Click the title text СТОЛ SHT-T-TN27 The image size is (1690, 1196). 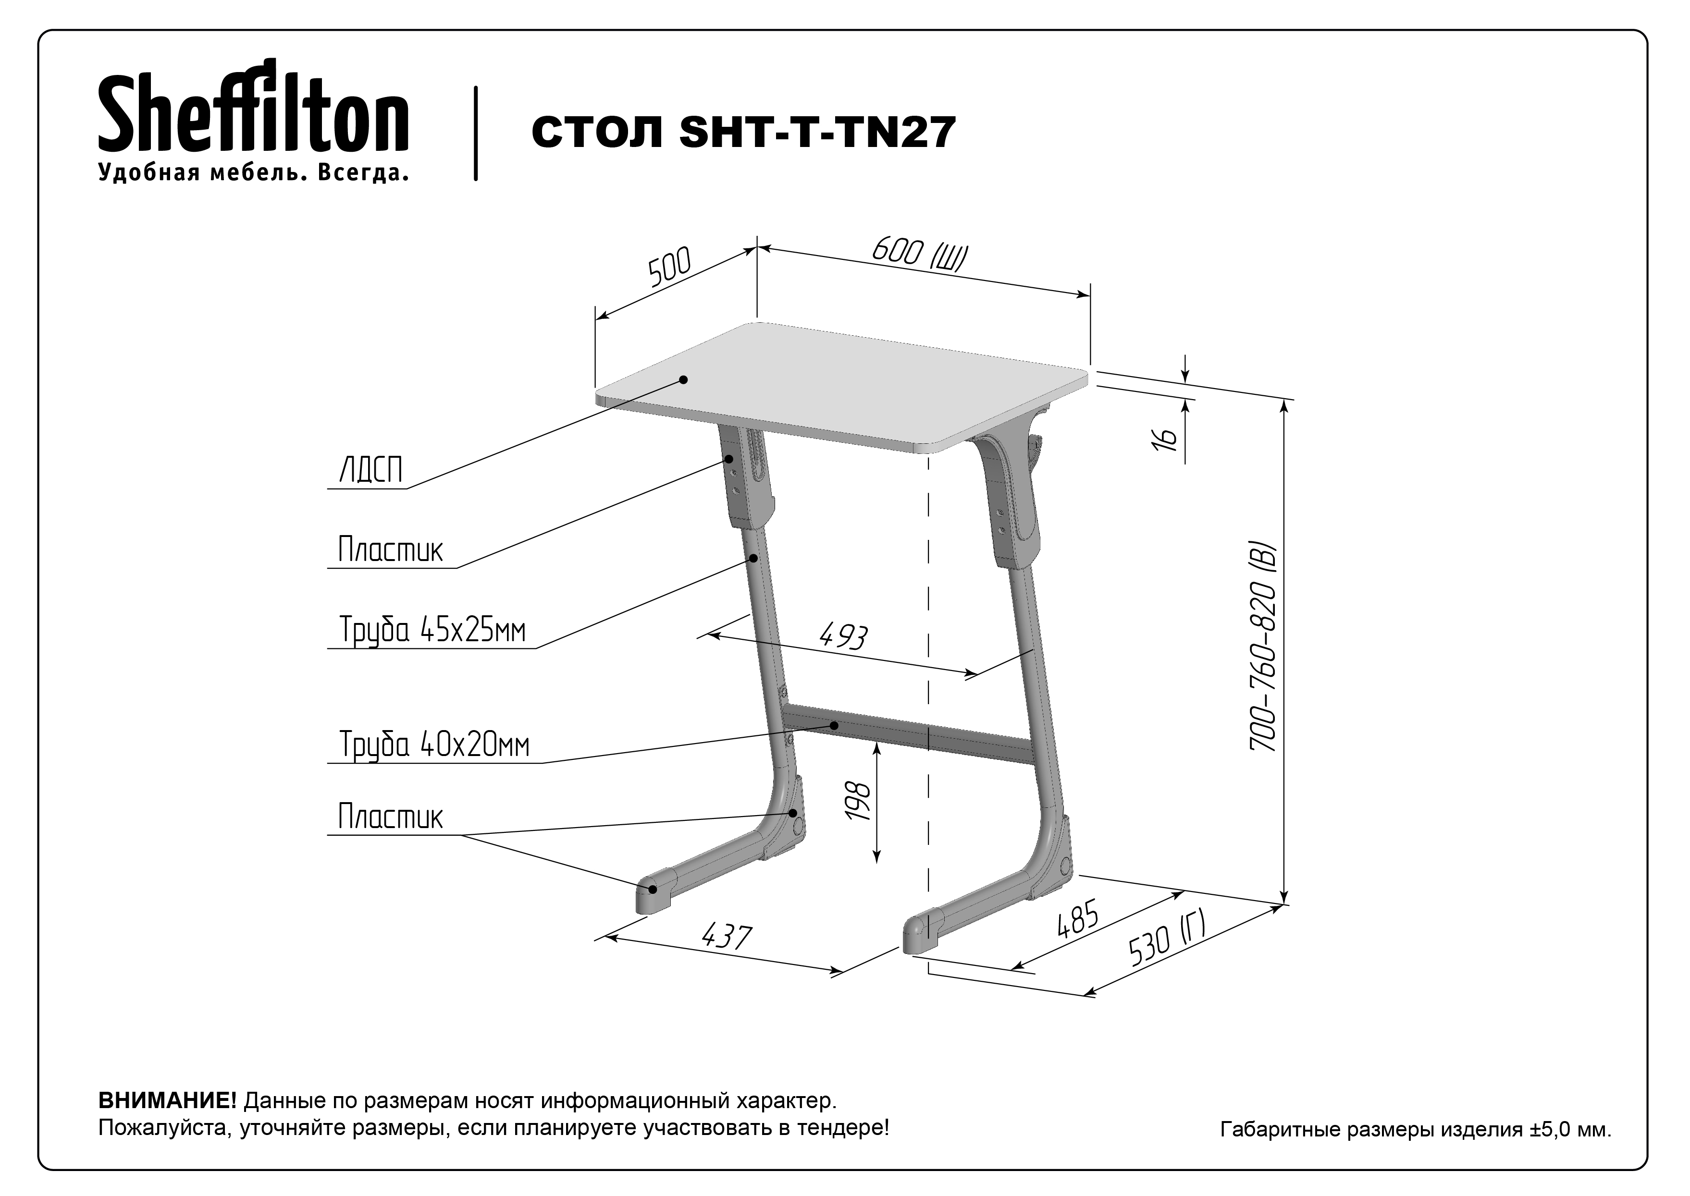pos(743,133)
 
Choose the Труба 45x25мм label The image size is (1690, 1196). pos(432,630)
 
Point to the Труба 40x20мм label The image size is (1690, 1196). pos(434,744)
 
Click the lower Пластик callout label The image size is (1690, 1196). pos(391,817)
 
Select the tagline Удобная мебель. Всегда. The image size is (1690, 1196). pos(253,172)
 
